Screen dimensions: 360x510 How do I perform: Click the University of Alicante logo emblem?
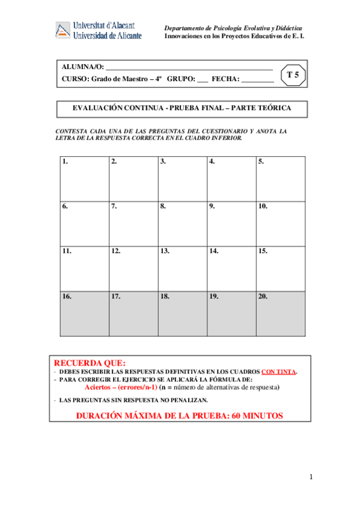[x=63, y=31]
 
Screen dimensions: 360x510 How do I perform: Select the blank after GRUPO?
[x=202, y=81]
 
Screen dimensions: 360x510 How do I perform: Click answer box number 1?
[x=84, y=179]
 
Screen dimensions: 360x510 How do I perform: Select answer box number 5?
[x=280, y=179]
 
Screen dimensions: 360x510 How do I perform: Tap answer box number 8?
[x=182, y=224]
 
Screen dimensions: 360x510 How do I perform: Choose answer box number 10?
[x=280, y=224]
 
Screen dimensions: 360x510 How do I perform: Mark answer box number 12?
[x=133, y=269]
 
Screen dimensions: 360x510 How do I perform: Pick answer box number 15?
[x=280, y=269]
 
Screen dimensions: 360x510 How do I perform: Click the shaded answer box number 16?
[x=84, y=314]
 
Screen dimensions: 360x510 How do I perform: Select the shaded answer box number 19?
[x=231, y=314]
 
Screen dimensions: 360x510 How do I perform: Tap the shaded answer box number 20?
[x=280, y=314]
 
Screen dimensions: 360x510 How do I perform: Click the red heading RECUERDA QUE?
[x=90, y=363]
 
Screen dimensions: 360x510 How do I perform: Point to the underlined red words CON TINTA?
[x=278, y=372]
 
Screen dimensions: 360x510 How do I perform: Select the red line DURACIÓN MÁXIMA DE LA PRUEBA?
[x=179, y=416]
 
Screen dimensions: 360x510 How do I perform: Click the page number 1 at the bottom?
[x=311, y=477]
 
